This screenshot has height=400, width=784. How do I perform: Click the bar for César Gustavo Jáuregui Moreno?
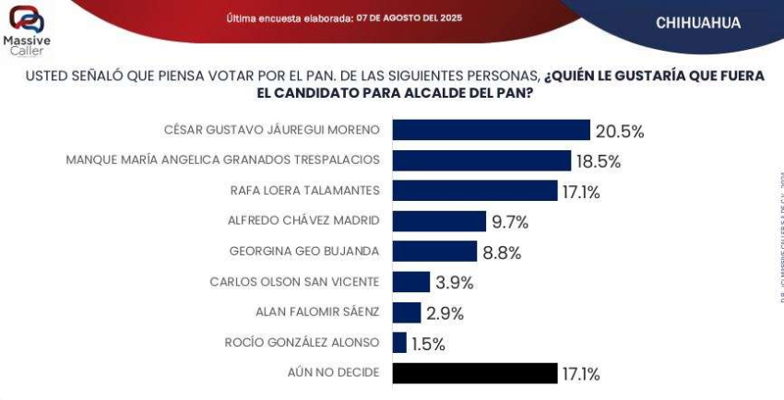click(491, 130)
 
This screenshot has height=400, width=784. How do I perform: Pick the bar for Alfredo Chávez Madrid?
click(439, 221)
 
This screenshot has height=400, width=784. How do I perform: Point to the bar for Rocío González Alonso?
click(399, 343)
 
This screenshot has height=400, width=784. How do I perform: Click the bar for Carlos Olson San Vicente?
click(411, 282)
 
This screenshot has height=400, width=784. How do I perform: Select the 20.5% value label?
click(621, 131)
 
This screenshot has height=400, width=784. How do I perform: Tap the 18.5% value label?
click(599, 161)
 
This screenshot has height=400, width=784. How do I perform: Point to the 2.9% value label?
click(445, 313)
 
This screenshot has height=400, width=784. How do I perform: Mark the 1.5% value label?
click(428, 344)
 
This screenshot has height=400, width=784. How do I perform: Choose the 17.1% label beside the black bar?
click(581, 374)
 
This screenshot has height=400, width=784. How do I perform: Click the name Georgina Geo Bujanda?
click(303, 251)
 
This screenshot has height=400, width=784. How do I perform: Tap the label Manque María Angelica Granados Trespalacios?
click(222, 159)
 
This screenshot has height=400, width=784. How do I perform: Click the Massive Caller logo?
click(27, 29)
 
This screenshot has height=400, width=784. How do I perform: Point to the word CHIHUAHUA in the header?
click(697, 23)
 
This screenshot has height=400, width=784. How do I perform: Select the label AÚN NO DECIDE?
click(333, 372)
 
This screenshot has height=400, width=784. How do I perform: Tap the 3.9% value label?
click(455, 283)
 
